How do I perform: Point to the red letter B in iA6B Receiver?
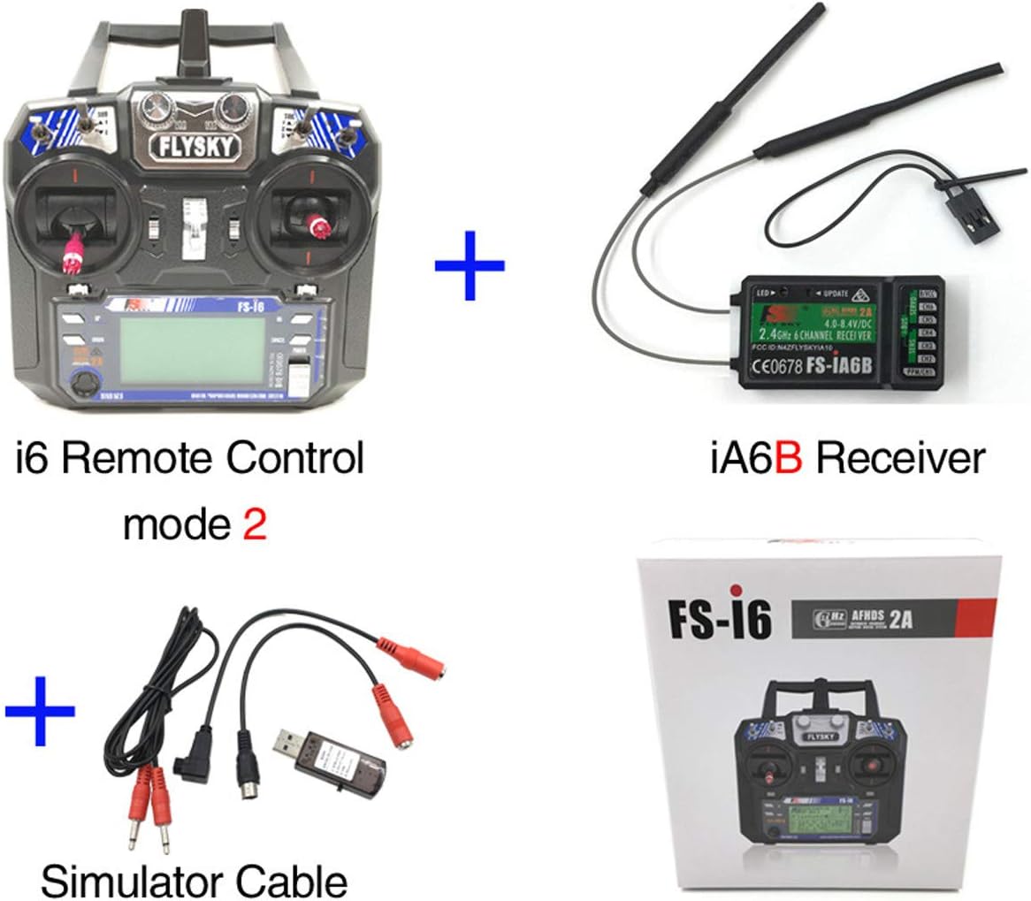[788, 459]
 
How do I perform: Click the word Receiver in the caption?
[899, 459]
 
